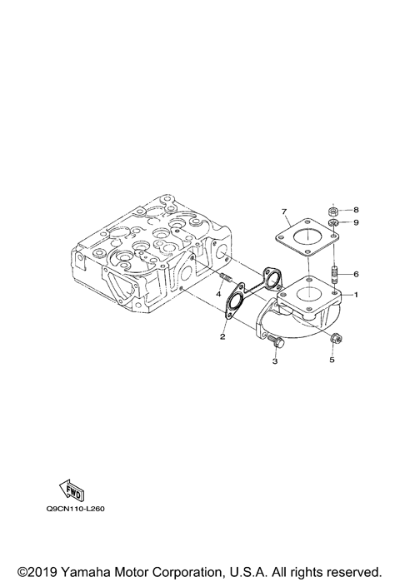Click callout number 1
pos(356,295)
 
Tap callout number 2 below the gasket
pos(222,336)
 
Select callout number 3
pos(275,361)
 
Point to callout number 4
pos(219,294)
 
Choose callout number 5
pos(332,360)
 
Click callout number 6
pos(356,274)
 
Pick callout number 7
pos(284,211)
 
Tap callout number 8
pos(356,210)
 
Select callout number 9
pos(356,222)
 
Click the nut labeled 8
pos(333,212)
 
